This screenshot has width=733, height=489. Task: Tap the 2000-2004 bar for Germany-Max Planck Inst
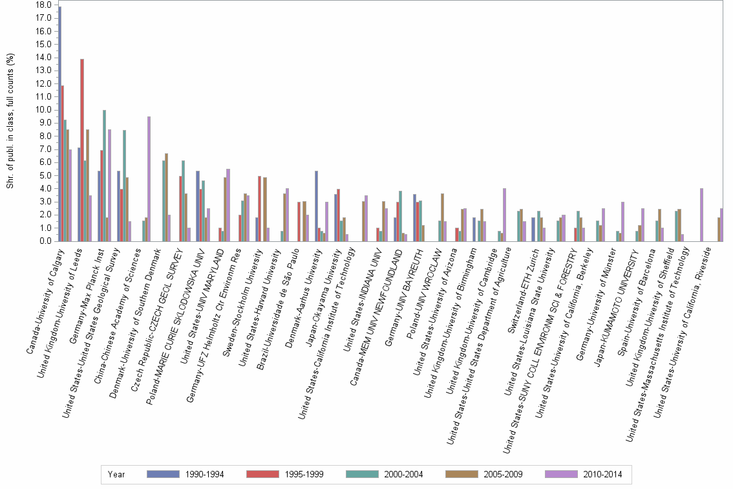104,175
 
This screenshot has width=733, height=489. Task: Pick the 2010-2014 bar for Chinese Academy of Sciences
149,179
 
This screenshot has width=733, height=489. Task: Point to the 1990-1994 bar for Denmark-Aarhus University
316,206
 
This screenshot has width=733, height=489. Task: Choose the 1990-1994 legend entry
186,474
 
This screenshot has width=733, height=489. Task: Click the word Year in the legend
117,474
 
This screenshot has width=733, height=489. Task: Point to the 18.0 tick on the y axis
44,5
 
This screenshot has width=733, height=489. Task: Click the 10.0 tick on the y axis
44,110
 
